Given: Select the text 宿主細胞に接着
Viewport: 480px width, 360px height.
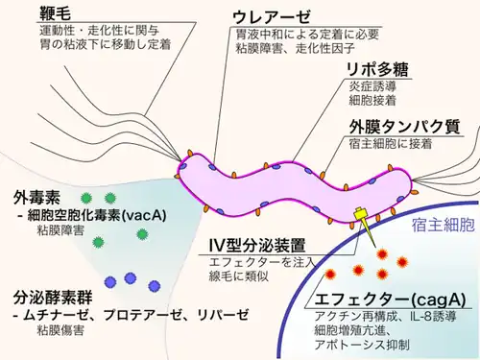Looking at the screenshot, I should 389,144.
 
